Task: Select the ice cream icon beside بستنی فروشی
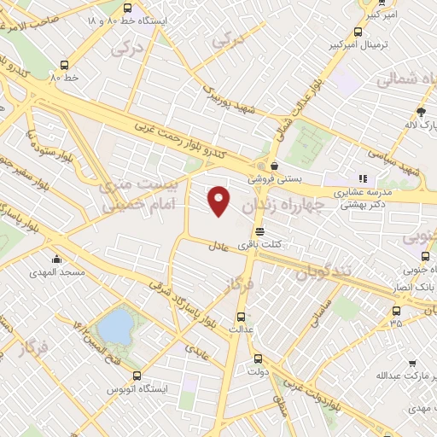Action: tap(274, 166)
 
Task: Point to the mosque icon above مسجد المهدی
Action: tap(56, 258)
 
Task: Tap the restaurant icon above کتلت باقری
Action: tap(259, 231)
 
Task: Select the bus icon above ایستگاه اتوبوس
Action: tap(137, 375)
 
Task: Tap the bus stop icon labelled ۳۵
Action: tap(396, 312)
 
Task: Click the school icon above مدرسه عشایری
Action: tap(362, 179)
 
